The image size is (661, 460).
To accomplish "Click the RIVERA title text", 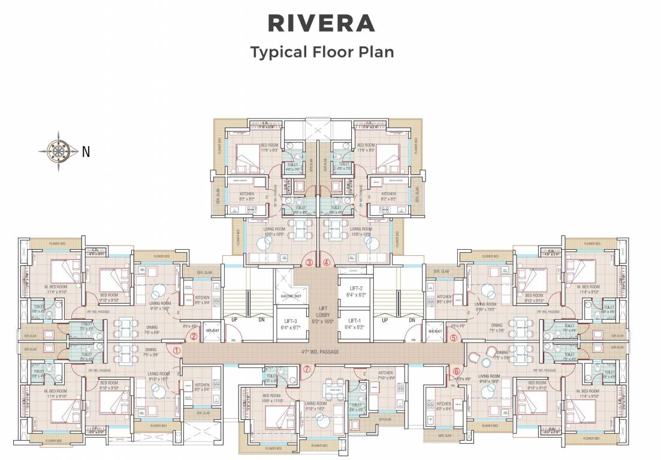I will [321, 22].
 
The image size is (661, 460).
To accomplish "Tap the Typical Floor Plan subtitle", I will [322, 52].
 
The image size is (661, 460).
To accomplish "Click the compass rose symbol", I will [59, 151].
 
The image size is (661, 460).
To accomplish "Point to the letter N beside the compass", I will [86, 152].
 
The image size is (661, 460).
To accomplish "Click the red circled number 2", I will [194, 336].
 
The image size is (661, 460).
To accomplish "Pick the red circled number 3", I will [309, 262].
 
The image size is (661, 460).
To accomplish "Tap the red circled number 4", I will [327, 262].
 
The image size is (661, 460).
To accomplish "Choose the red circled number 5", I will [453, 338].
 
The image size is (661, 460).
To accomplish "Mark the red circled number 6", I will [457, 372].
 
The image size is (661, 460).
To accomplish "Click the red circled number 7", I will [307, 369].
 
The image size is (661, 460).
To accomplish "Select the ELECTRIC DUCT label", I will [290, 296].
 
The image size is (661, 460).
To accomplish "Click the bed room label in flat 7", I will [271, 397].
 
